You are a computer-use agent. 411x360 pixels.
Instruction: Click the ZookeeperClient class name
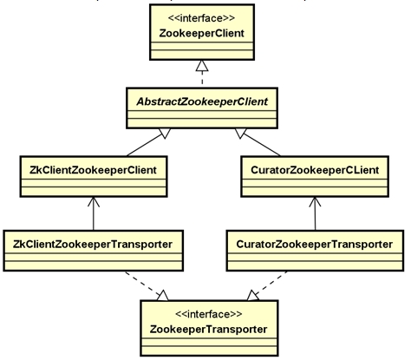(x=202, y=33)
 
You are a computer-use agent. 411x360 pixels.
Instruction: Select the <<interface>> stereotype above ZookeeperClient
(x=201, y=18)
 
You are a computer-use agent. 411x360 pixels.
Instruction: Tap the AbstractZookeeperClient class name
(x=202, y=101)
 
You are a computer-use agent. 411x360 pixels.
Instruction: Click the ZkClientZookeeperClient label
(x=93, y=170)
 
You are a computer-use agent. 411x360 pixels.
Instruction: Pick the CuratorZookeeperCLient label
(x=315, y=170)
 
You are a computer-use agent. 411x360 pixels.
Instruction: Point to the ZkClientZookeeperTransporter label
(x=93, y=245)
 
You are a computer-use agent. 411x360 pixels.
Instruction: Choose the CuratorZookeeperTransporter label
(x=315, y=245)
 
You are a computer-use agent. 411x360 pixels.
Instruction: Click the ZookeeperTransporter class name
(x=208, y=330)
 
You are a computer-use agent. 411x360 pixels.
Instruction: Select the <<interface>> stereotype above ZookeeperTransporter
(x=209, y=314)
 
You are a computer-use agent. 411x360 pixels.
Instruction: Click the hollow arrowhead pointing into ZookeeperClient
(x=202, y=66)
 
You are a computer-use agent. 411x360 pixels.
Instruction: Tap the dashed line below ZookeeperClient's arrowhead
(x=202, y=78)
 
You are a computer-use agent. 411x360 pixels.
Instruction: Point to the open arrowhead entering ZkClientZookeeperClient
(x=94, y=202)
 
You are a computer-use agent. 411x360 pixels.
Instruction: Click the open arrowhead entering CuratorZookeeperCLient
(x=315, y=202)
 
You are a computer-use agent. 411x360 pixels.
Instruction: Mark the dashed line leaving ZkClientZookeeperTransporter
(x=142, y=283)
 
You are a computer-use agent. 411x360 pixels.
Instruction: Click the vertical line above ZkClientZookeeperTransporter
(x=94, y=213)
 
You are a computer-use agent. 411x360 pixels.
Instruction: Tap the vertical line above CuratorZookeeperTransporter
(x=315, y=213)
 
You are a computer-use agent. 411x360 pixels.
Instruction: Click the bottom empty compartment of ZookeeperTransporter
(x=209, y=350)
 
